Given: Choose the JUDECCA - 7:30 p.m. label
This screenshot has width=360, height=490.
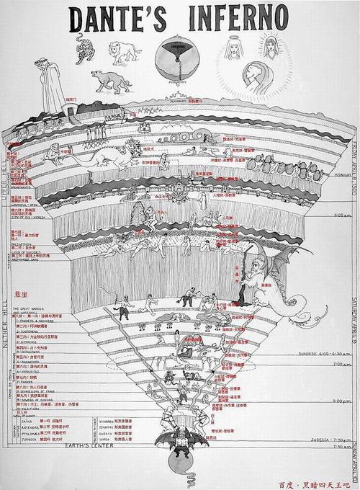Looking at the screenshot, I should [328, 439].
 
